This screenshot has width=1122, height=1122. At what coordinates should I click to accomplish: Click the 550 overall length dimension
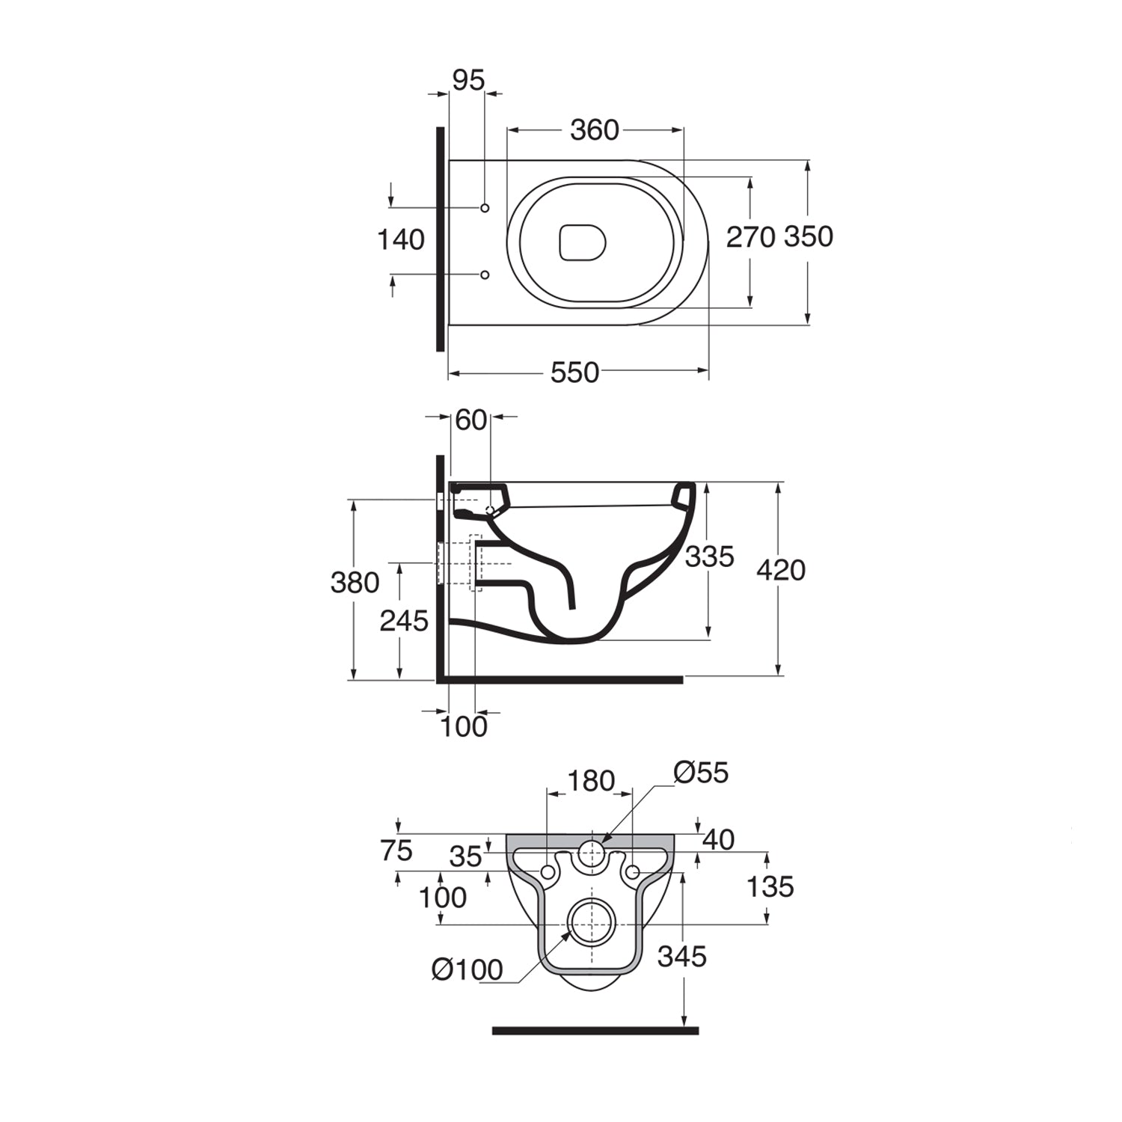pos(574,372)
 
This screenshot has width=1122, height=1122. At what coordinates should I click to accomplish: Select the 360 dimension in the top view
pos(595,130)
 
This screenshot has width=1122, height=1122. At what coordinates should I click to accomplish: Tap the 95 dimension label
pos(468,80)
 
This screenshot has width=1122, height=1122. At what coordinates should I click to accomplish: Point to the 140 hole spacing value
pos(400,240)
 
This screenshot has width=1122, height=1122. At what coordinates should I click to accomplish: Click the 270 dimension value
pos(750,237)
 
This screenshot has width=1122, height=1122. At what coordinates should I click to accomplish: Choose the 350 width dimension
pos(809,236)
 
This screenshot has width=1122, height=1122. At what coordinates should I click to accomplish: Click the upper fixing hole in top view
pos(485,207)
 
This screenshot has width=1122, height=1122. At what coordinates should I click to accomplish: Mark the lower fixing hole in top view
pos(485,275)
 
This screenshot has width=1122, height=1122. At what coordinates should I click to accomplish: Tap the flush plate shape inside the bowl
pos(582,242)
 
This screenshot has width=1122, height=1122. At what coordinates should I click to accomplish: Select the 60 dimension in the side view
pos(470,420)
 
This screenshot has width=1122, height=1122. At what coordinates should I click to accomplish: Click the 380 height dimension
pos(355,582)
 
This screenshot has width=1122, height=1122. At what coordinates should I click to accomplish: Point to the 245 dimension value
pos(404,620)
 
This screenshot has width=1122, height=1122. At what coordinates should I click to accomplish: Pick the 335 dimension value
pos(710,557)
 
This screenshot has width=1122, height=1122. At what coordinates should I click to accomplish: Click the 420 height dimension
pos(781,570)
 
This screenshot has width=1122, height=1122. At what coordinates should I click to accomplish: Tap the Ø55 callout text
pos(701,772)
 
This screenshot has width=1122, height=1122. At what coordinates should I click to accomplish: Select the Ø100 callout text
pos(467,970)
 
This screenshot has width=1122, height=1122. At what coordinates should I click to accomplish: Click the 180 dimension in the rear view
pos(591,781)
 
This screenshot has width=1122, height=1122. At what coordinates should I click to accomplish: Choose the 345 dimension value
pos(682,956)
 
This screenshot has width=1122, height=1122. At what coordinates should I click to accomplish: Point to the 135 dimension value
pos(770,887)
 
